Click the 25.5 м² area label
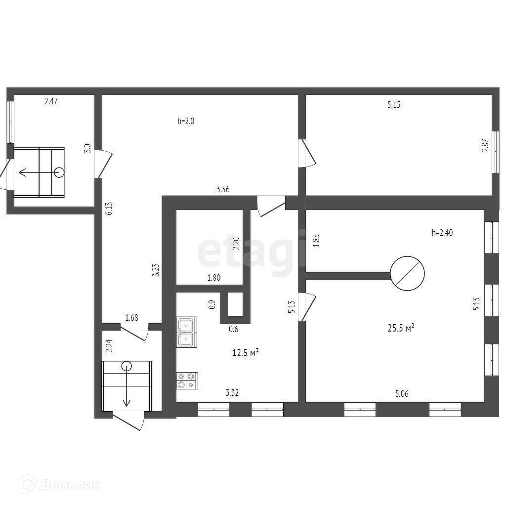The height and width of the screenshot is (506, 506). (x=400, y=328)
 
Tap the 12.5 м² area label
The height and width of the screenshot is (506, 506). (x=246, y=352)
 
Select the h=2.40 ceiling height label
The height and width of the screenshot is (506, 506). (x=442, y=233)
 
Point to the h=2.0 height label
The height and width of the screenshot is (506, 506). (x=186, y=121)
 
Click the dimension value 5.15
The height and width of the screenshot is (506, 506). (x=394, y=105)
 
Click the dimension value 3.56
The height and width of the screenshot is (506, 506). (x=223, y=188)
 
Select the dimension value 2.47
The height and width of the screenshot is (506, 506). (x=51, y=102)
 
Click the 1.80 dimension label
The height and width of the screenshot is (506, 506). (x=213, y=278)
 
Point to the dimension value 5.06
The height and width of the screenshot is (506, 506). (x=402, y=394)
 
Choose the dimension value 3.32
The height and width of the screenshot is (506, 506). (x=232, y=393)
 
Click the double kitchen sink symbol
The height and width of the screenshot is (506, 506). (x=187, y=331)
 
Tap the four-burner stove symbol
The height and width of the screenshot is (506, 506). (x=187, y=379)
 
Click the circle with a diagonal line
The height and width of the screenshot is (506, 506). (x=408, y=272)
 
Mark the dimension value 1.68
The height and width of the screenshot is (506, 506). (x=131, y=318)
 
